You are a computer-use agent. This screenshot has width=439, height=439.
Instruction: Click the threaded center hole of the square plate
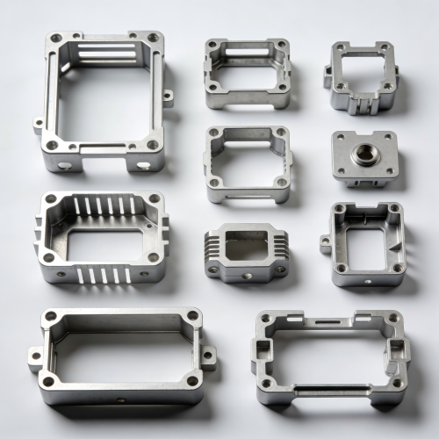coord(363,155)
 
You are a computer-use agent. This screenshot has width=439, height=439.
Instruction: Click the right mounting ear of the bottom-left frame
coord(209,356)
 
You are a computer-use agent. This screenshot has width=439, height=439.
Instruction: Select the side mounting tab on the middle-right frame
coord(327,244)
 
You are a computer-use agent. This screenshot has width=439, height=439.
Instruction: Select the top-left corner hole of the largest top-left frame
coord(56,39)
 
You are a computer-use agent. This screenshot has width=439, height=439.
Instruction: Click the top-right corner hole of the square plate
coord(388,137)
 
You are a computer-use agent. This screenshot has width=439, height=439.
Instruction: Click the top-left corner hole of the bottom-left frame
coord(51,316)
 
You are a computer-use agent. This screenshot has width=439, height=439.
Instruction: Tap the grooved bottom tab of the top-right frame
coord(362,105)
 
